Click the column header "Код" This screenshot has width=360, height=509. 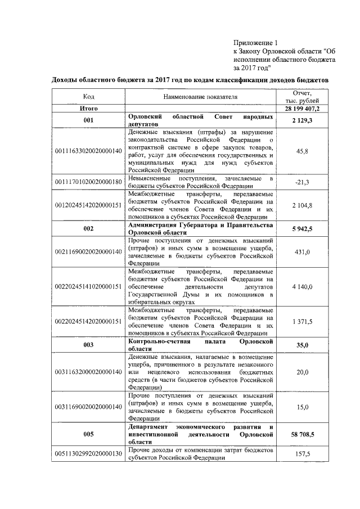88,97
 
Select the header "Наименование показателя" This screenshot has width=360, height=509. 201,97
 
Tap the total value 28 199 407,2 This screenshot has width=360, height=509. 306,108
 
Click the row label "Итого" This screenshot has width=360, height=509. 88,108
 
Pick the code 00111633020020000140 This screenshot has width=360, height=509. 88,151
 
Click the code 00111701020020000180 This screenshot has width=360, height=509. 88,182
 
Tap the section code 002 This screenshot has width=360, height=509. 88,229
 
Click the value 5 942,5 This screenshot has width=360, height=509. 306,229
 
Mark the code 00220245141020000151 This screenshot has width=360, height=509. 88,286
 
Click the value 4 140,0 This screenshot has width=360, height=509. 306,286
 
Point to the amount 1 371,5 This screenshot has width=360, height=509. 306,321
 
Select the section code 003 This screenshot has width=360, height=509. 88,345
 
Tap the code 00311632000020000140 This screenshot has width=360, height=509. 88,372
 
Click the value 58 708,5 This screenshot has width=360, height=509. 306,434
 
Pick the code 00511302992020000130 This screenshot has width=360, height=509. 88,454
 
